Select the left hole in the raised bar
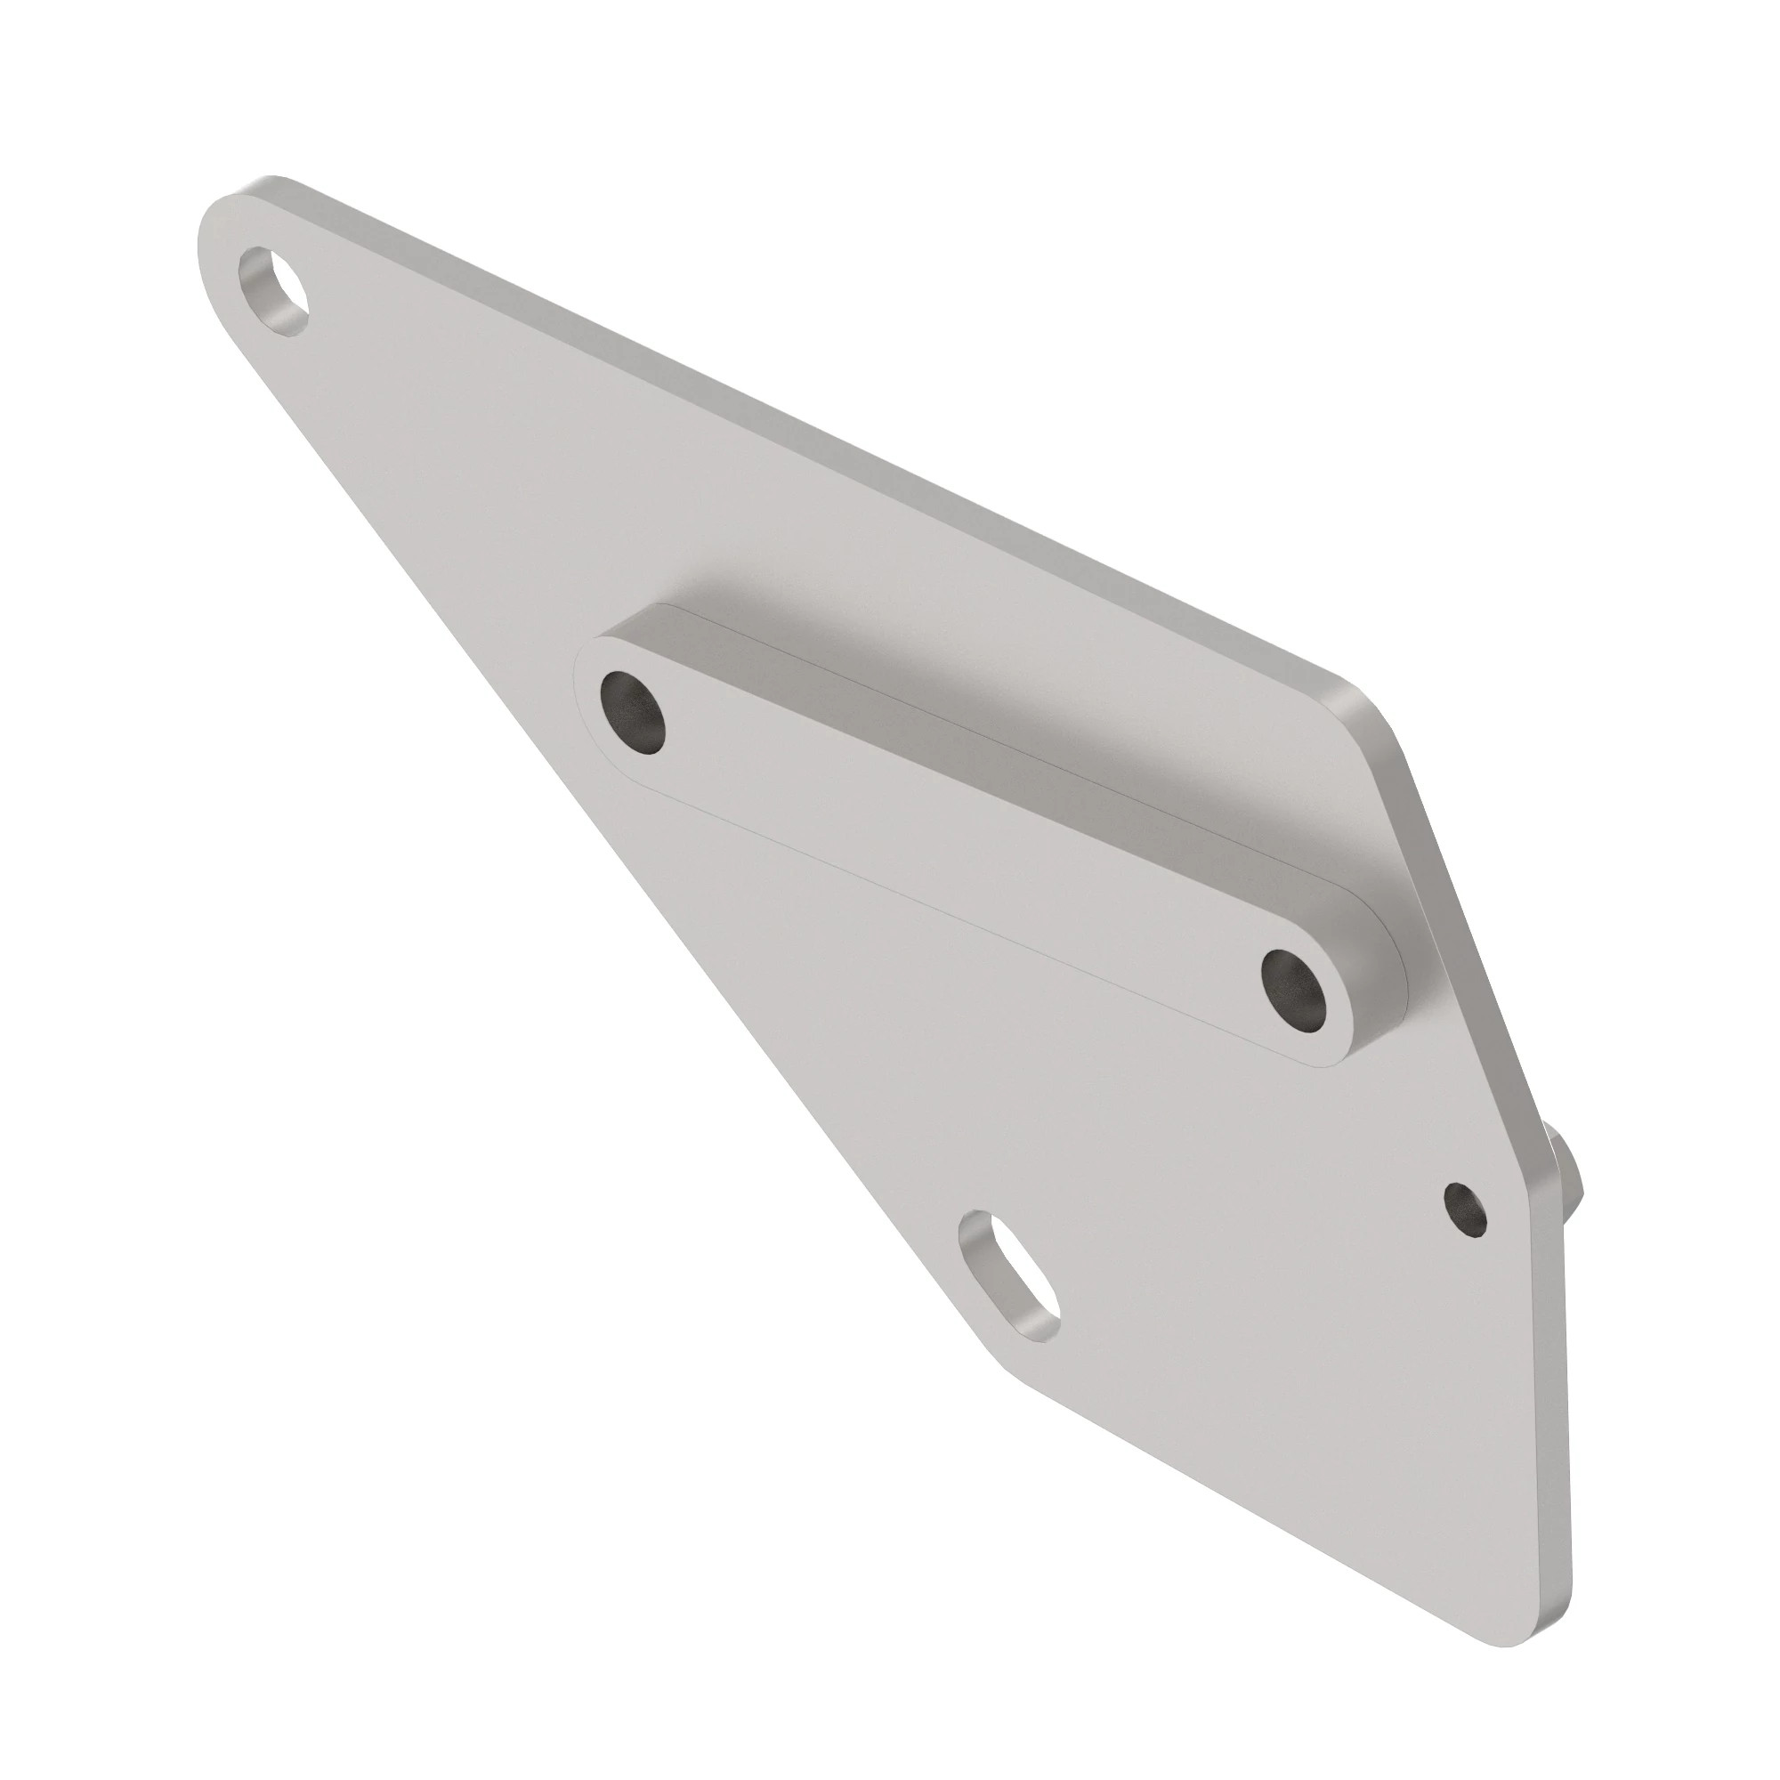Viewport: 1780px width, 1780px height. [632, 713]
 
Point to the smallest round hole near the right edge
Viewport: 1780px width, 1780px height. [1465, 1207]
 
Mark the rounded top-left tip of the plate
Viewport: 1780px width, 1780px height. [221, 221]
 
